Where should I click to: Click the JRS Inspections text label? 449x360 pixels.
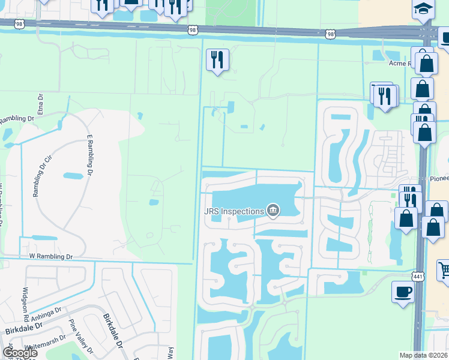pyautogui.click(x=234, y=211)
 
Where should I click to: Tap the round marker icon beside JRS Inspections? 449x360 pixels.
pyautogui.click(x=273, y=210)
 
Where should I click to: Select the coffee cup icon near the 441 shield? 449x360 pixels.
pyautogui.click(x=403, y=292)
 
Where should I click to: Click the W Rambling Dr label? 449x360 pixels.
pyautogui.click(x=50, y=257)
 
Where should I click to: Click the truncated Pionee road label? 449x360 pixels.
pyautogui.click(x=438, y=179)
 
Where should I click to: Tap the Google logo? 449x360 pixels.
pyautogui.click(x=20, y=352)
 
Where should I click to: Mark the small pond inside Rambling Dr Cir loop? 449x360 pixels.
pyautogui.click(x=73, y=176)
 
